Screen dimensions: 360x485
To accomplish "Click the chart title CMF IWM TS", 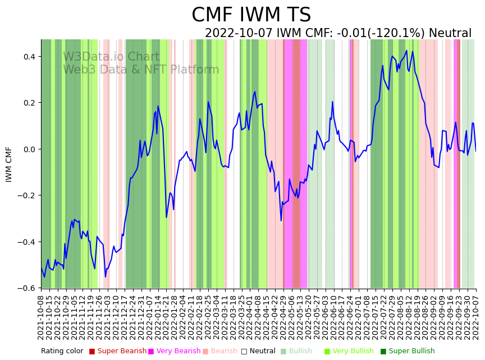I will pyautogui.click(x=251, y=15).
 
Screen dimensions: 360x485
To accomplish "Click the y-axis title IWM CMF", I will pyautogui.click(x=9, y=164).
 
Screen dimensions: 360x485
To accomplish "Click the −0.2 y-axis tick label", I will pyautogui.click(x=28, y=195).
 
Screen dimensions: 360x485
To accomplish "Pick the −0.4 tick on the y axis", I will pyautogui.click(x=28, y=242).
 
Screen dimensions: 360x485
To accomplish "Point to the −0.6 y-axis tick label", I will pyautogui.click(x=28, y=288).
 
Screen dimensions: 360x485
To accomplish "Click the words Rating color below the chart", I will pyautogui.click(x=62, y=351).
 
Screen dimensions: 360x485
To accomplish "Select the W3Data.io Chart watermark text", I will pyautogui.click(x=111, y=57).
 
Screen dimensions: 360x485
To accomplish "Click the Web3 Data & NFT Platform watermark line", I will pyautogui.click(x=141, y=70).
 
